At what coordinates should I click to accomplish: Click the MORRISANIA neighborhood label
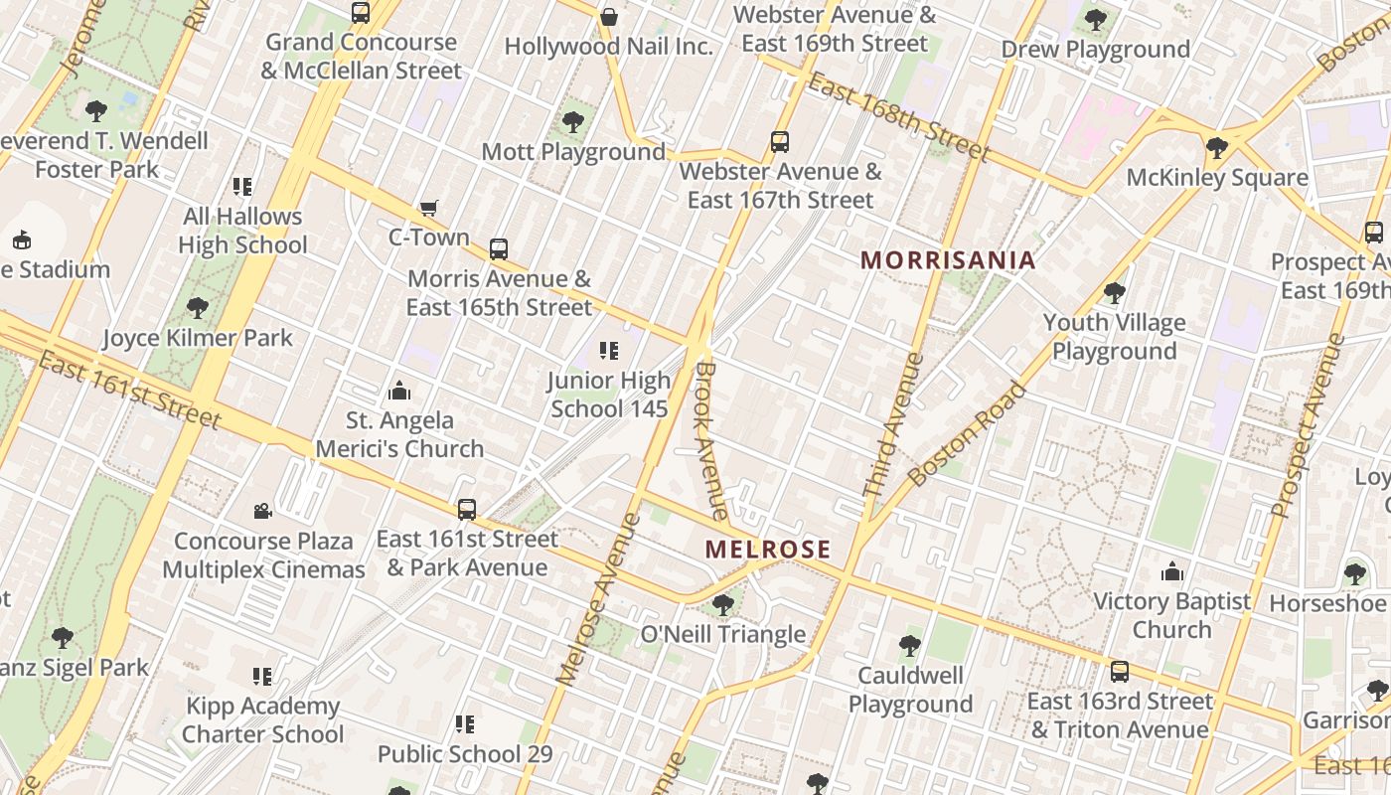click(x=948, y=260)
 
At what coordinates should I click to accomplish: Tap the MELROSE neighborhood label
click(x=768, y=550)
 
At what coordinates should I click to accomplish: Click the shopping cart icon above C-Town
click(x=428, y=208)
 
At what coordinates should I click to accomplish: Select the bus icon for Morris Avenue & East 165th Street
click(x=499, y=249)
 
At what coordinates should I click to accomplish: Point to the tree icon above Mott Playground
click(x=572, y=122)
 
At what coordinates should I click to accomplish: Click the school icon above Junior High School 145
click(x=609, y=351)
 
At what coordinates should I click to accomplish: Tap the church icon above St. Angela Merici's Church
click(x=399, y=391)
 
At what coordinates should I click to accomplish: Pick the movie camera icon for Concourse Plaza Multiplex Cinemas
click(x=263, y=511)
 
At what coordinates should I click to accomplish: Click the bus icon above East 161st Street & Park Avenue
click(x=467, y=510)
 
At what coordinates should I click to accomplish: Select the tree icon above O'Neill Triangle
click(x=723, y=604)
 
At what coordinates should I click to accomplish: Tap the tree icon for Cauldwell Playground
click(x=909, y=646)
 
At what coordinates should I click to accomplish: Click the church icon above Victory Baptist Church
click(x=1172, y=571)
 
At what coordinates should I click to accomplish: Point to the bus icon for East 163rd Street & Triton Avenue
click(x=1120, y=671)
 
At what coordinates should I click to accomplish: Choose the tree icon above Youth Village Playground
click(x=1114, y=293)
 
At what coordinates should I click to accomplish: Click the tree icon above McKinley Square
click(x=1216, y=148)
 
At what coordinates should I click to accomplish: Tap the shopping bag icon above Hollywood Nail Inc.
click(x=609, y=17)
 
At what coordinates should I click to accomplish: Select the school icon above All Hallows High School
click(x=242, y=187)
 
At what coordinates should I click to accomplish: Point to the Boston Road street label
click(x=967, y=435)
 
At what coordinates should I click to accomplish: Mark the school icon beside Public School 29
click(x=464, y=724)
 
